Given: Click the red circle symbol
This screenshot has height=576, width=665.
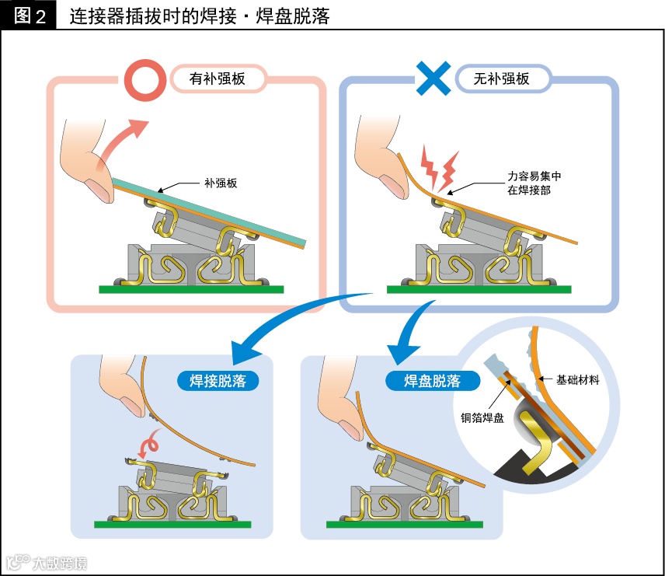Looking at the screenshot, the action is click(x=144, y=79).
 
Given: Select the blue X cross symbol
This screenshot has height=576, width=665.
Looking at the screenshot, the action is click(x=435, y=79).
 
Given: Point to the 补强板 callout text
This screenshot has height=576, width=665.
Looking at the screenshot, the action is click(x=220, y=183).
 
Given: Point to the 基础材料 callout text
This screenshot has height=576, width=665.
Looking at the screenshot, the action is click(x=577, y=381).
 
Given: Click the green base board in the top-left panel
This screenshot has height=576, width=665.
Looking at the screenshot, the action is click(x=191, y=289).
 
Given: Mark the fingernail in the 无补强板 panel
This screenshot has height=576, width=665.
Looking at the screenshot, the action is click(x=394, y=187).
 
